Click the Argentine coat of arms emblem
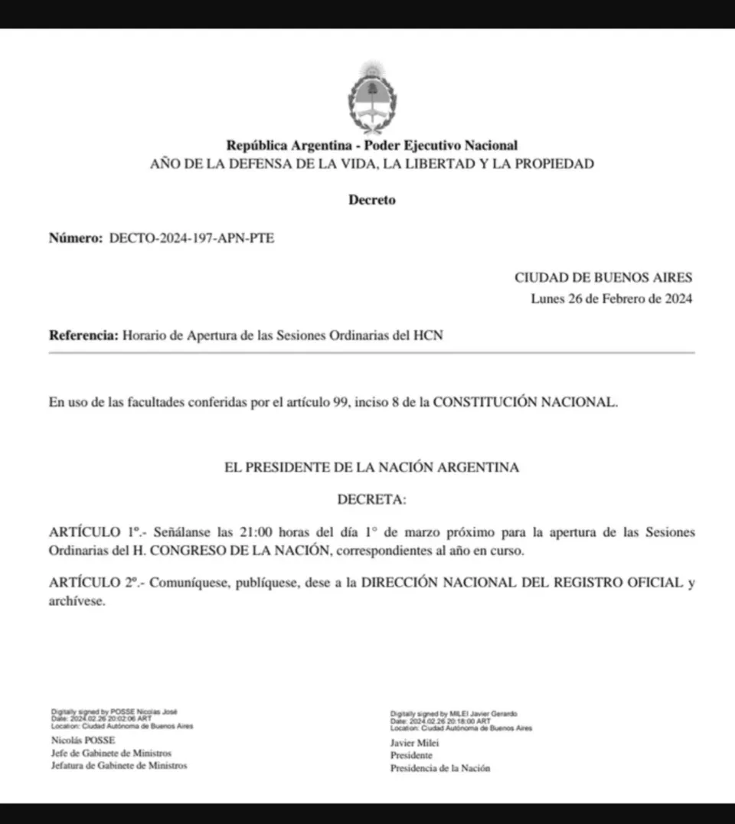372,97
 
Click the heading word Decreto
372,201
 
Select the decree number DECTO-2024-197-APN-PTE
191,238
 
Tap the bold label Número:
75,238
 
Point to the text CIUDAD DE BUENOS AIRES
603,278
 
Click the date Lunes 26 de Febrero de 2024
612,299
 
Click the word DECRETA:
372,499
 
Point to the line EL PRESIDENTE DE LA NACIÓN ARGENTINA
371,467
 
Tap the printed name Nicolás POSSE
83,741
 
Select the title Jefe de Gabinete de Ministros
111,753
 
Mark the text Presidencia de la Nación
440,768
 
